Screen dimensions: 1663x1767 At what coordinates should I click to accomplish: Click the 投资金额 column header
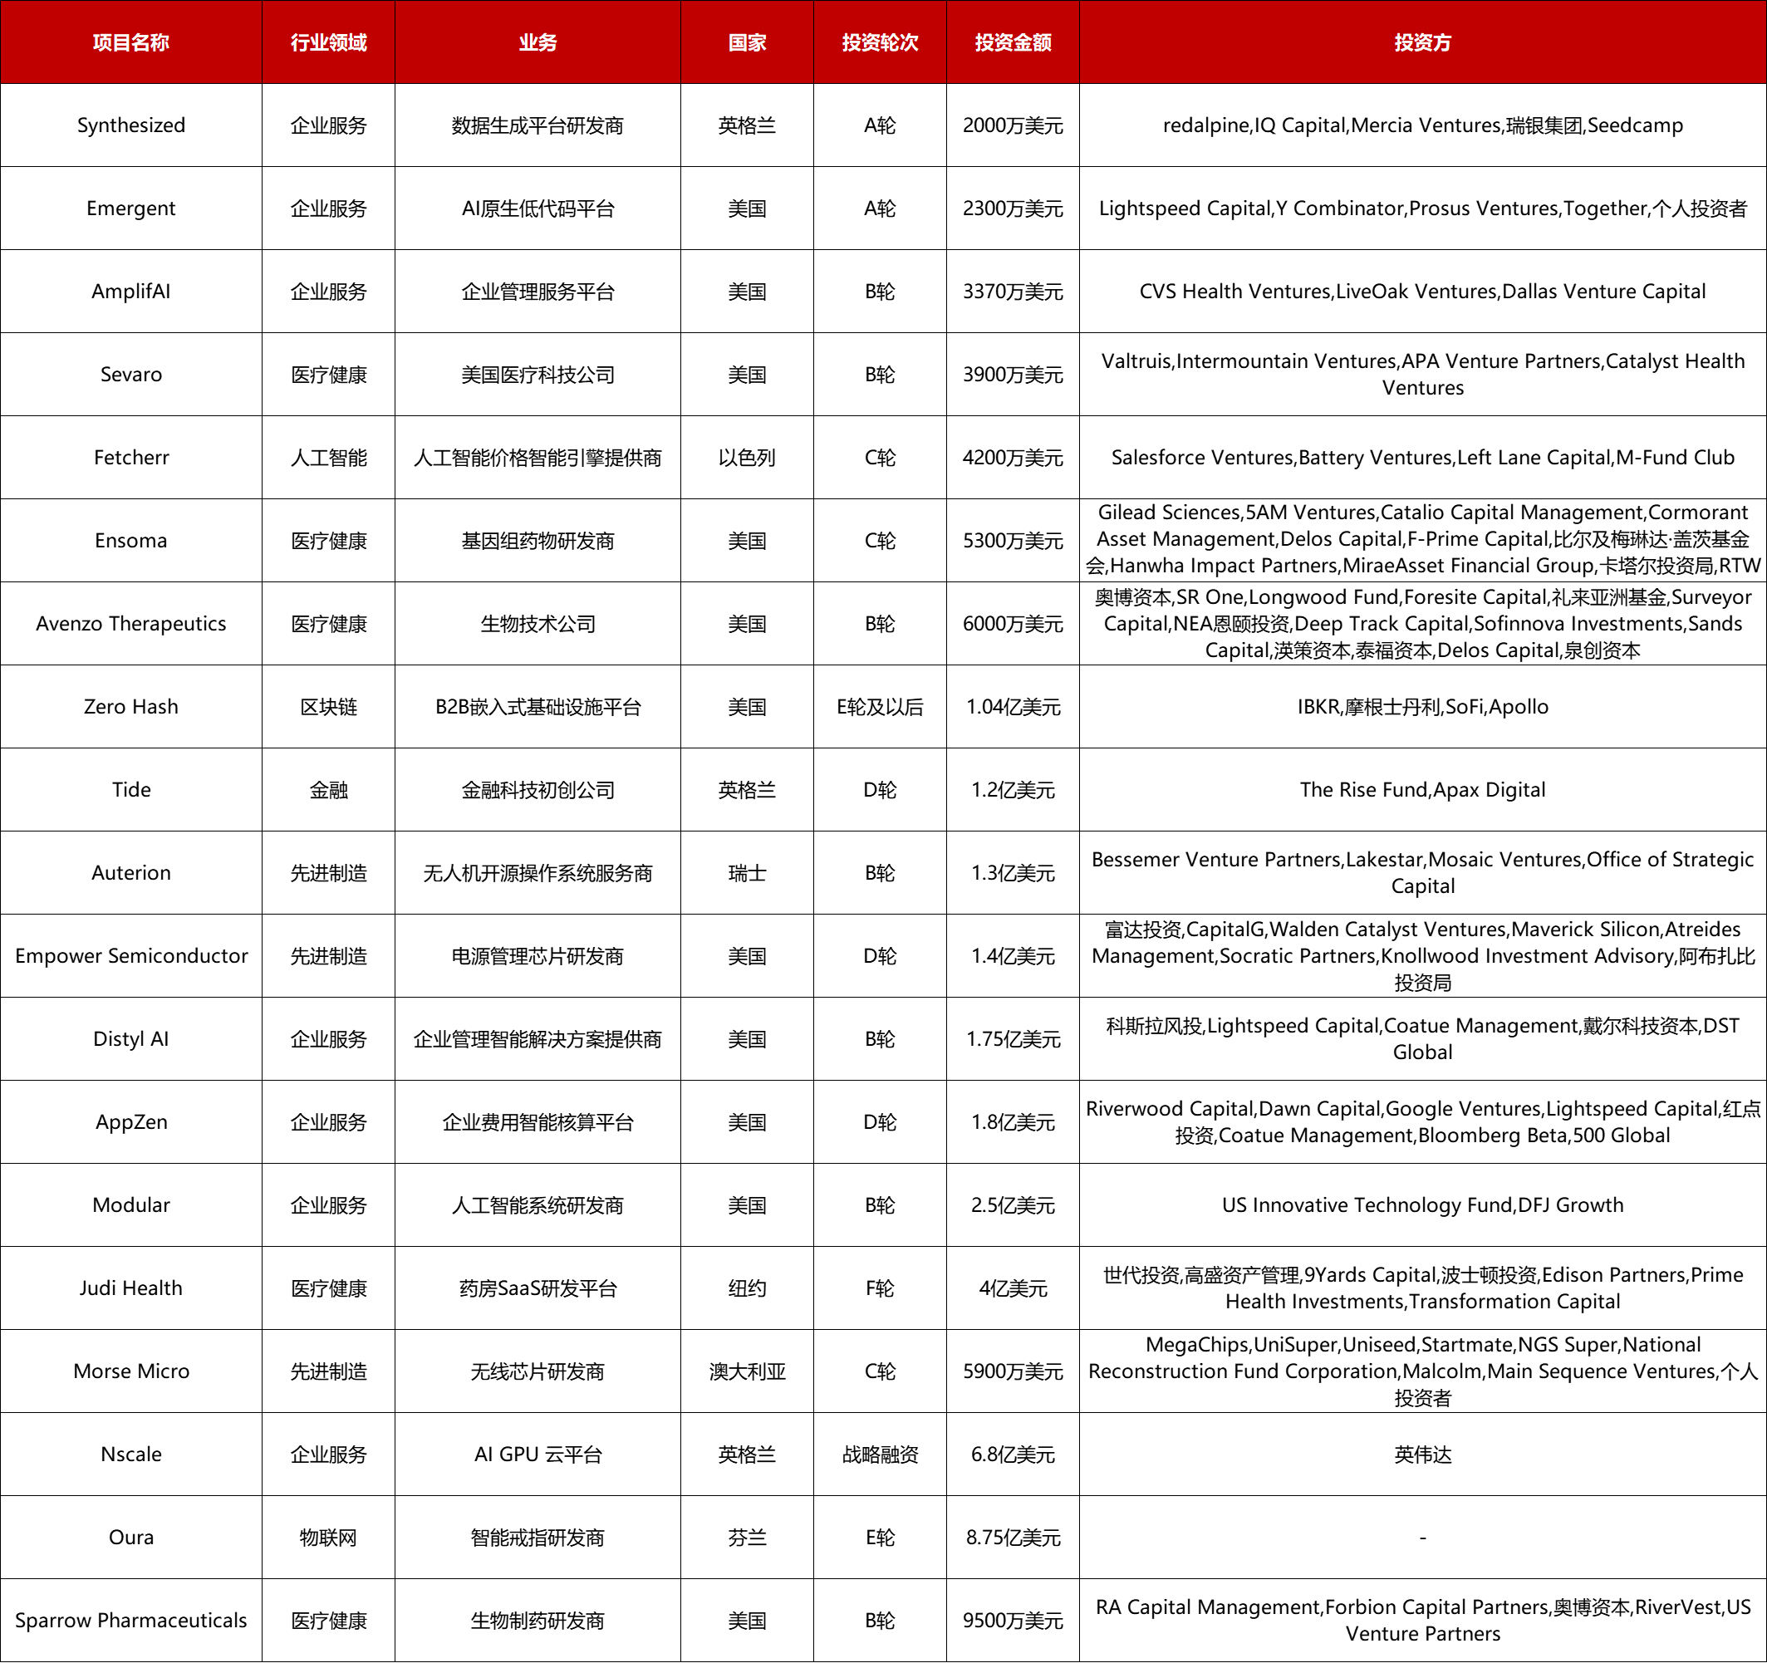pyautogui.click(x=1013, y=42)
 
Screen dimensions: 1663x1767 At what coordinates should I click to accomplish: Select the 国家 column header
pyautogui.click(x=747, y=42)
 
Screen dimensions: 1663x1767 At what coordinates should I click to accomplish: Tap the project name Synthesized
pyautogui.click(x=130, y=125)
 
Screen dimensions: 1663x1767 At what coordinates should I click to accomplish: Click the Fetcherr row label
pyautogui.click(x=130, y=458)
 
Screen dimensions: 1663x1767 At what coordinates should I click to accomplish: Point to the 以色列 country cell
pyautogui.click(x=747, y=458)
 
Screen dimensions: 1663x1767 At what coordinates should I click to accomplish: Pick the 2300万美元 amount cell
pyautogui.click(x=1013, y=208)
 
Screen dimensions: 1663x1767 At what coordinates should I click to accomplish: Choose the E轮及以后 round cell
pyautogui.click(x=879, y=707)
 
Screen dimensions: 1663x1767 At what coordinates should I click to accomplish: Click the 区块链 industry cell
pyautogui.click(x=328, y=707)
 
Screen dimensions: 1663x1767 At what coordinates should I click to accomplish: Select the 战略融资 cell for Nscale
pyautogui.click(x=879, y=1455)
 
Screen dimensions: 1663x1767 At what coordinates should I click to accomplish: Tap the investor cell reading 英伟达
pyautogui.click(x=1422, y=1455)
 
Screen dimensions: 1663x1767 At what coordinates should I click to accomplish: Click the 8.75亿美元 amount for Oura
pyautogui.click(x=1013, y=1538)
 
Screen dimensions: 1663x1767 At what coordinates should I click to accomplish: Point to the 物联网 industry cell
pyautogui.click(x=328, y=1538)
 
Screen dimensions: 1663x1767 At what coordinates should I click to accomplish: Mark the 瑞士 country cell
pyautogui.click(x=747, y=873)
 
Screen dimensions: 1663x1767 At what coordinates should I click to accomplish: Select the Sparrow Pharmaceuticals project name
pyautogui.click(x=130, y=1621)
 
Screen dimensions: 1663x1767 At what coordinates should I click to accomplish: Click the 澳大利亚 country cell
pyautogui.click(x=747, y=1371)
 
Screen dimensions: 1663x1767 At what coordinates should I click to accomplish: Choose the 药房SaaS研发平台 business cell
pyautogui.click(x=537, y=1288)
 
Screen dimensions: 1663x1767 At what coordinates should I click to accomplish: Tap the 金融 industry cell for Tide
pyautogui.click(x=328, y=789)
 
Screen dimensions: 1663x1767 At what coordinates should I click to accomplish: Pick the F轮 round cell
pyautogui.click(x=879, y=1288)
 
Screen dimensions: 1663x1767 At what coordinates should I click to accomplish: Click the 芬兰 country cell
pyautogui.click(x=747, y=1538)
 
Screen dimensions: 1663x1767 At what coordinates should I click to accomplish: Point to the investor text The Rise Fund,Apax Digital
pyautogui.click(x=1422, y=789)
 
